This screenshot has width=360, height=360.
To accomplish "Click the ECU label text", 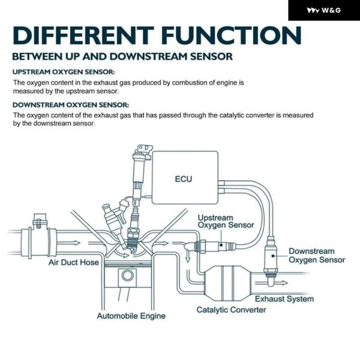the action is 184,179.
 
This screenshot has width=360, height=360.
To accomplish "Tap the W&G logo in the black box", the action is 324,10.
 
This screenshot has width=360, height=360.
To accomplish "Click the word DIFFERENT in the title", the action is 83,35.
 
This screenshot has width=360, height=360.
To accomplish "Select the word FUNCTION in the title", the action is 232,35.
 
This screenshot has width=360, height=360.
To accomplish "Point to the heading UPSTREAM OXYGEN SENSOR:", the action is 64,72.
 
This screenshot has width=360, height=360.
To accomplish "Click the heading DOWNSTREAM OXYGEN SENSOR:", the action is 71,105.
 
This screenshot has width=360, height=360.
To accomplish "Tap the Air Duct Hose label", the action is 74,262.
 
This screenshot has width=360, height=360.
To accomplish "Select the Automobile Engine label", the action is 131,316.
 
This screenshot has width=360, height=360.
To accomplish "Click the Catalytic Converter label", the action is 231,310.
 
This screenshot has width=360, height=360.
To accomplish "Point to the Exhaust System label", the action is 284,299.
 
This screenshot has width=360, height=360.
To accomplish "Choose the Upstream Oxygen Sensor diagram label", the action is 226,221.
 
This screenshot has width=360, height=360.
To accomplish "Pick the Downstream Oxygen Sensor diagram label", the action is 317,256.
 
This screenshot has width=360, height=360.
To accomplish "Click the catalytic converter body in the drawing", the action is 227,283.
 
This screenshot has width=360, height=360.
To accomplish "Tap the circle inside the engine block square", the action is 127,275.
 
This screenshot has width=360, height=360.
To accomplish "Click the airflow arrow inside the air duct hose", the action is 68,242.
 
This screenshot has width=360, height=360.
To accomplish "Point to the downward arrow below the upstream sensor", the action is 188,256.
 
